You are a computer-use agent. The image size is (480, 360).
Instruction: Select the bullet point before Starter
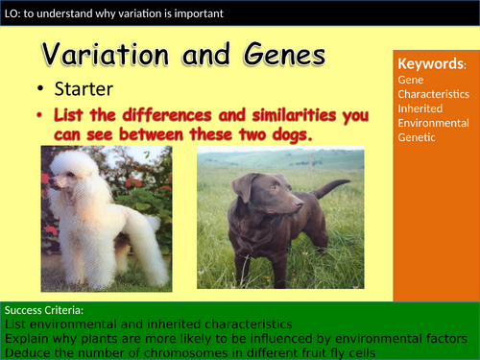pyautogui.click(x=42, y=90)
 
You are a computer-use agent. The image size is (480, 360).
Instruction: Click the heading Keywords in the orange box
pyautogui.click(x=430, y=64)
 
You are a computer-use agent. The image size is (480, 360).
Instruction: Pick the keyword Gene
pyautogui.click(x=411, y=81)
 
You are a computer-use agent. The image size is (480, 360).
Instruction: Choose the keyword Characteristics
pyautogui.click(x=433, y=95)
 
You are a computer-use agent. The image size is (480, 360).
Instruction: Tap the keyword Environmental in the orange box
pyautogui.click(x=432, y=124)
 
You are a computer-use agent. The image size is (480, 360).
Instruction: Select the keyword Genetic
pyautogui.click(x=417, y=138)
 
